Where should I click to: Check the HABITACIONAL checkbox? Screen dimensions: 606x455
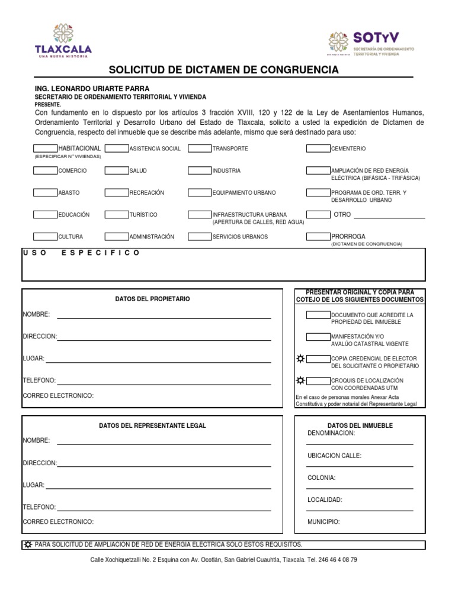tap(45, 148)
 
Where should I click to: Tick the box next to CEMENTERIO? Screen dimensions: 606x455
tap(318, 148)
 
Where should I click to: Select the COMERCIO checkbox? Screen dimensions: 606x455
tap(45, 170)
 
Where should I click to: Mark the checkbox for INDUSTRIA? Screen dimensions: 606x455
tap(200, 170)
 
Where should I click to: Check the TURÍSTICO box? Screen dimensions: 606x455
tap(117, 214)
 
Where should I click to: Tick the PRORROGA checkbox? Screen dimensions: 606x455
tap(318, 236)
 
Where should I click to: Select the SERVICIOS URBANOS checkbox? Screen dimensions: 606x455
tap(200, 236)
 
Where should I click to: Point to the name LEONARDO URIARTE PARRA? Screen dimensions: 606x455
tap(103, 89)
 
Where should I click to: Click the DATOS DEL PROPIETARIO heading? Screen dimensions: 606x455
tap(152, 299)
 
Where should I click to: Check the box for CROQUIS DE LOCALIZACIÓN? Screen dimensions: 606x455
tap(318, 380)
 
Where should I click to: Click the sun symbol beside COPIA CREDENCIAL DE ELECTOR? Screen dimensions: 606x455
tap(300, 359)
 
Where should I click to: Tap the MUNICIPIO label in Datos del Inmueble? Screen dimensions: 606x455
tap(323, 522)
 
